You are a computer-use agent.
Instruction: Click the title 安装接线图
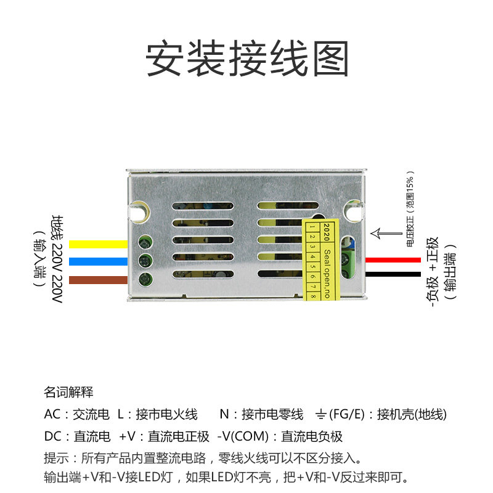[x=247, y=60]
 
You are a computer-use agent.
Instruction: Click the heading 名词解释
[x=68, y=391]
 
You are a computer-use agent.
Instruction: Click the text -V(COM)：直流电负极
[x=280, y=437]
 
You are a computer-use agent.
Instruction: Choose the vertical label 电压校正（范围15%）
[x=410, y=210]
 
